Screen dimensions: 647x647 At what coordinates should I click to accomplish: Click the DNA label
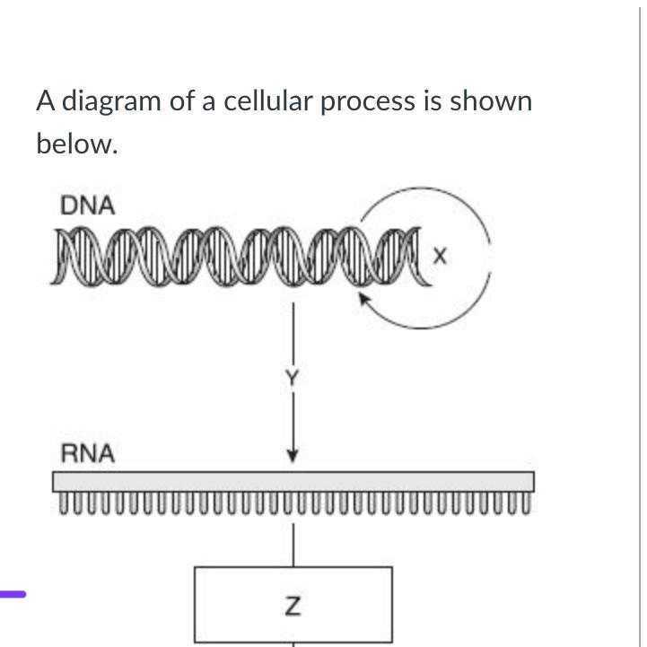[x=88, y=205]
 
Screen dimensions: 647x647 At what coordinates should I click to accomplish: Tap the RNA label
[x=87, y=454]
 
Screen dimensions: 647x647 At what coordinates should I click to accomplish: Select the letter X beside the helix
[x=439, y=258]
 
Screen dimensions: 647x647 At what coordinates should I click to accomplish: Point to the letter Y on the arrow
[x=291, y=379]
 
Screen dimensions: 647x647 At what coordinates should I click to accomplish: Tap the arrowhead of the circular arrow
[x=366, y=299]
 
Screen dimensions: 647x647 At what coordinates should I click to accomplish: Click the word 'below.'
[x=77, y=144]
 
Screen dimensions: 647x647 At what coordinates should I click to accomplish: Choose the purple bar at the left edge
[x=13, y=593]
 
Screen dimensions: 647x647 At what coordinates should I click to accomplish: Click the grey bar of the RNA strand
[x=293, y=482]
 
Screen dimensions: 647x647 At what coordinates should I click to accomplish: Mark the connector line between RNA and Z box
[x=293, y=544]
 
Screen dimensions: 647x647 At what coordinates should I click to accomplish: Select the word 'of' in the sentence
[x=182, y=101]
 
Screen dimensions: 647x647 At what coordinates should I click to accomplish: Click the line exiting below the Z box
[x=293, y=643]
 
